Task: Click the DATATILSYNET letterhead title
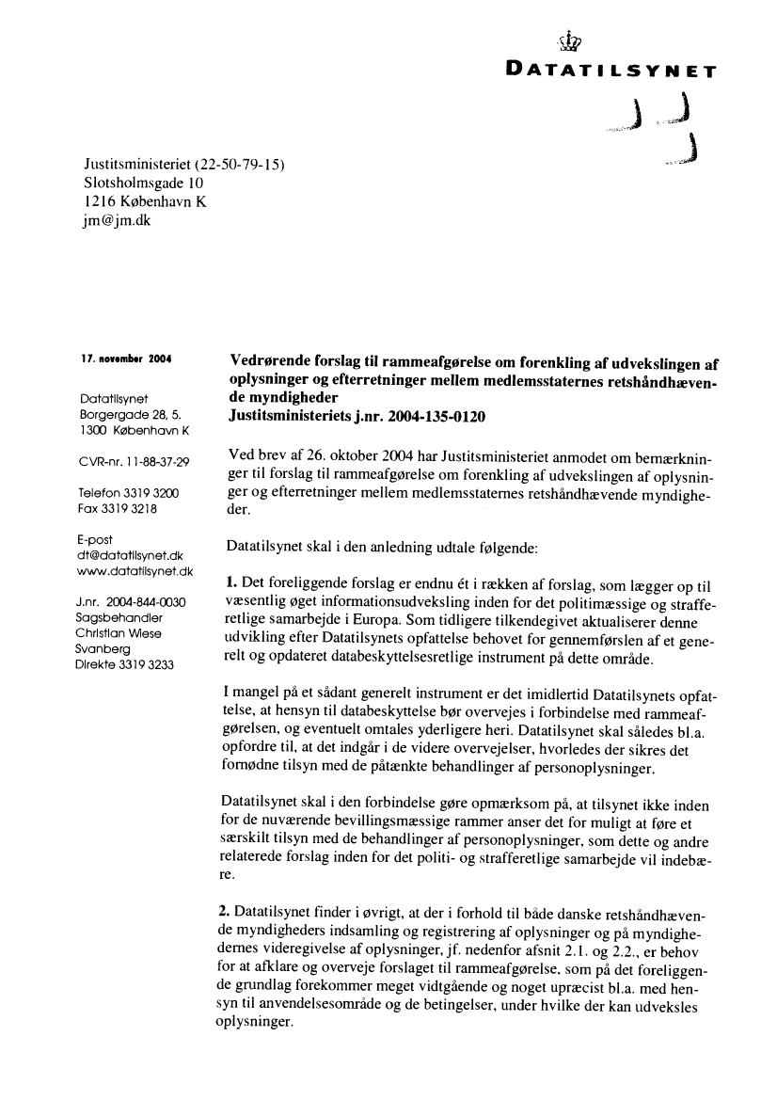(x=611, y=70)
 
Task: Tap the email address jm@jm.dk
(x=117, y=220)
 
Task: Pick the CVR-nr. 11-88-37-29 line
(x=135, y=461)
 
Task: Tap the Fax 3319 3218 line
(x=117, y=508)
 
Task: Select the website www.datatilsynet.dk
(x=135, y=570)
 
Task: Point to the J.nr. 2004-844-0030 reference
(x=131, y=602)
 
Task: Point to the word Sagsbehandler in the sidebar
(x=119, y=617)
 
